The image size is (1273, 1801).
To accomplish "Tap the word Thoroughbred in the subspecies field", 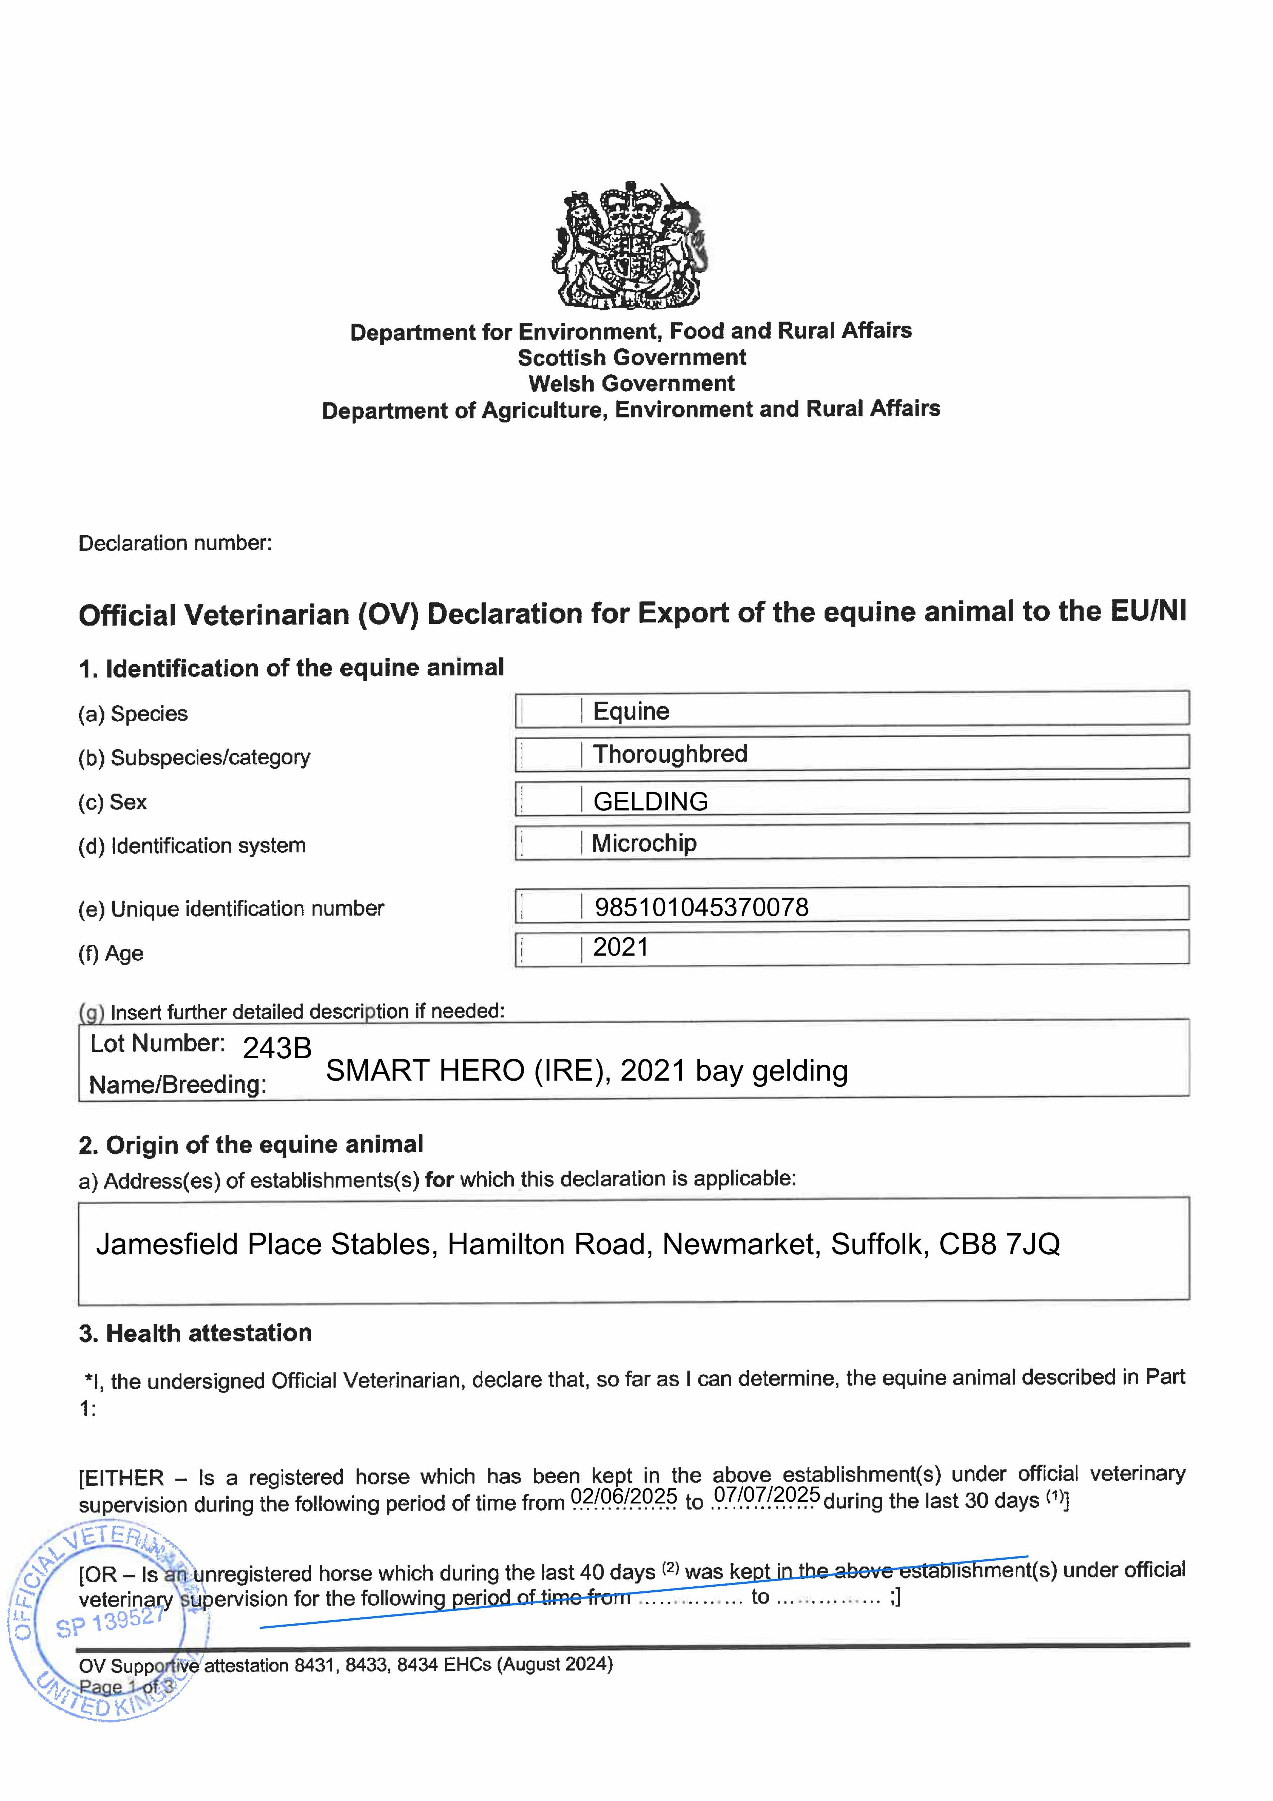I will (x=670, y=754).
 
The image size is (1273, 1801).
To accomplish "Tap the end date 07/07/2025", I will (x=766, y=1494).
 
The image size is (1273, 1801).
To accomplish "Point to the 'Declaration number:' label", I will (x=175, y=543).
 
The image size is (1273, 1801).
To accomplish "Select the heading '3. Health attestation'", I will (x=195, y=1333).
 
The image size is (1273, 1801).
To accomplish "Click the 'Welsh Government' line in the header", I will (x=631, y=384).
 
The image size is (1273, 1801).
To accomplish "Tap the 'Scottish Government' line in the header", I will (x=631, y=358).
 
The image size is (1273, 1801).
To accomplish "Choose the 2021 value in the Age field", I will (x=620, y=948).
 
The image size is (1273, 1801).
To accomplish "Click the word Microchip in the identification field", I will (x=644, y=843).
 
